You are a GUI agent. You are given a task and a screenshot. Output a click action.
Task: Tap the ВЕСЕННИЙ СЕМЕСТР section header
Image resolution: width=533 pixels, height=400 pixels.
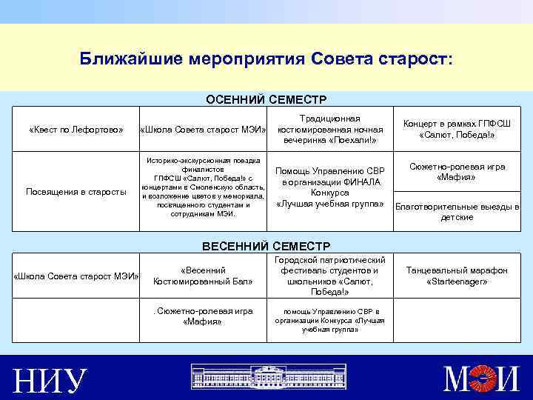click(266, 245)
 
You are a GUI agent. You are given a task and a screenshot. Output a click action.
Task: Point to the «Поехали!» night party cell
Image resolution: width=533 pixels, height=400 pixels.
click(330, 130)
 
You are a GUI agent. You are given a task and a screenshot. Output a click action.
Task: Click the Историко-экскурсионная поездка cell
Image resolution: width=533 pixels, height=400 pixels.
click(203, 187)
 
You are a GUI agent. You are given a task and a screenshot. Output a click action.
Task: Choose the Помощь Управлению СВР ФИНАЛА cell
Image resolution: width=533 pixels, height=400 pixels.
click(330, 187)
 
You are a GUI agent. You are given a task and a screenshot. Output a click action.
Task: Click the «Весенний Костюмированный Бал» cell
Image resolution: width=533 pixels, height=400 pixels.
click(203, 276)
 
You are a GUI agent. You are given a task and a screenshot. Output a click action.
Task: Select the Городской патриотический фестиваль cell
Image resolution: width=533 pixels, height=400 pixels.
click(330, 276)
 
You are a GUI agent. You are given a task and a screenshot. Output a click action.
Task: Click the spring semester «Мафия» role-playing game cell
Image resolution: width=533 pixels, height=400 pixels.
click(203, 316)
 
